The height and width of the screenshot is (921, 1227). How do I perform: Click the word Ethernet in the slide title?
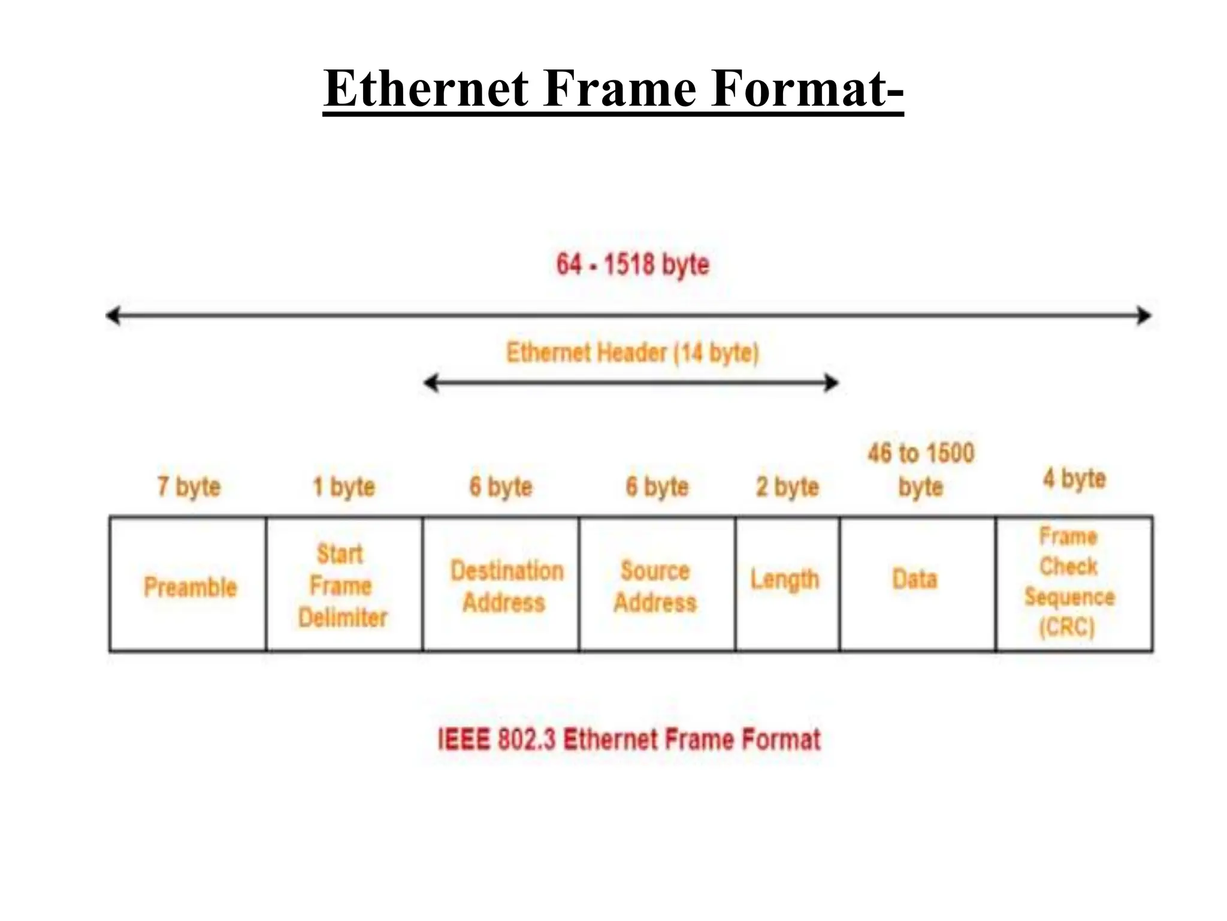pyautogui.click(x=426, y=89)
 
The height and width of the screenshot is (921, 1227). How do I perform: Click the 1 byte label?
pyautogui.click(x=344, y=487)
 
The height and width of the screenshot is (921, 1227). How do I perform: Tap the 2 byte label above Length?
pyautogui.click(x=787, y=487)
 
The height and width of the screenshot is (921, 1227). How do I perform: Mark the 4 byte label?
pyautogui.click(x=1074, y=478)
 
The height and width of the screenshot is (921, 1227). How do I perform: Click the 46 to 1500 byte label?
pyautogui.click(x=921, y=469)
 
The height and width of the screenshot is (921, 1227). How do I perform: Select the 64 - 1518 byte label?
pyautogui.click(x=633, y=264)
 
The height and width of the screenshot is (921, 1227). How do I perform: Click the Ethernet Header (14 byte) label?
pyautogui.click(x=633, y=353)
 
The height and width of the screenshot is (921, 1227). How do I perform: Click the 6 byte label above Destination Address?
pyautogui.click(x=501, y=487)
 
